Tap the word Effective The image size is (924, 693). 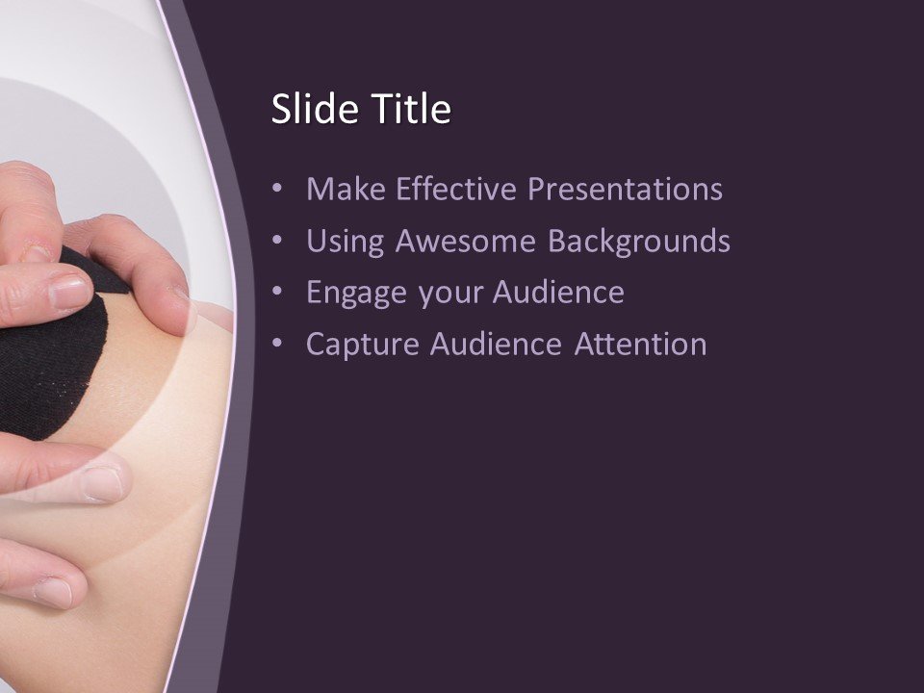[449, 190]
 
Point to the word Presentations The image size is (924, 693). [626, 190]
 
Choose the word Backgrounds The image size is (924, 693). [639, 242]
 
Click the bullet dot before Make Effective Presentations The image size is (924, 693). [278, 190]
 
